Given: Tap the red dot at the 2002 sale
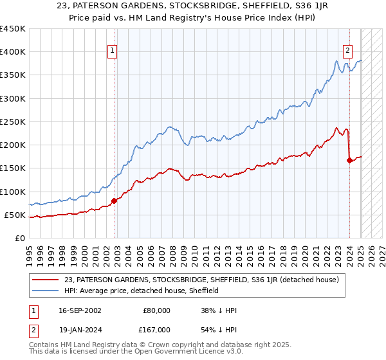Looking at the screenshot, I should point(115,201).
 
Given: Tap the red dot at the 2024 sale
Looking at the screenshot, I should point(349,161).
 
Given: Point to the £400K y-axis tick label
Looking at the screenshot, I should point(13,52).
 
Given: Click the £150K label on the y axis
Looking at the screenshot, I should point(13,168).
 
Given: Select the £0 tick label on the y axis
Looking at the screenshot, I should point(20,238).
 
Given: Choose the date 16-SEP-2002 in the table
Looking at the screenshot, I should point(80,310).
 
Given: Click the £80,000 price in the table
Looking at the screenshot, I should point(157,310).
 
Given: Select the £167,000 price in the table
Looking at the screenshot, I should point(157,330).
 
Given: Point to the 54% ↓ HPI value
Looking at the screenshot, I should point(219,330).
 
